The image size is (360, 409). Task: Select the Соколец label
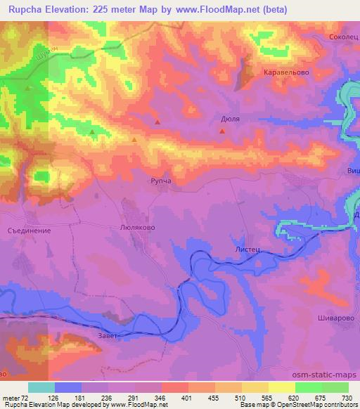[x=344, y=36]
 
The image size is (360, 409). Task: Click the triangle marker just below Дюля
[x=222, y=130]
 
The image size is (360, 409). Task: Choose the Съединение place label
[x=29, y=229]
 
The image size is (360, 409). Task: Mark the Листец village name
[x=238, y=249]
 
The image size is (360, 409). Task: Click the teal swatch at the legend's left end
[x=41, y=388]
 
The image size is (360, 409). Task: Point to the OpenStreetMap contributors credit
[x=312, y=405]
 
